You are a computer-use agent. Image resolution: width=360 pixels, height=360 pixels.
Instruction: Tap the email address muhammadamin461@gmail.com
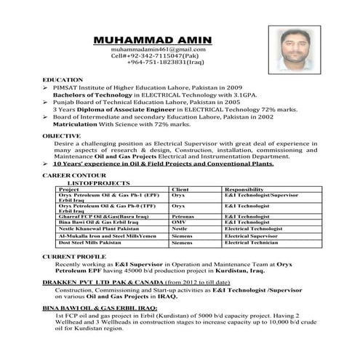tap(158, 49)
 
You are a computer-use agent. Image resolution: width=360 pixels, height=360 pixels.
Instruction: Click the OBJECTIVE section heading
tap(61, 136)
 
